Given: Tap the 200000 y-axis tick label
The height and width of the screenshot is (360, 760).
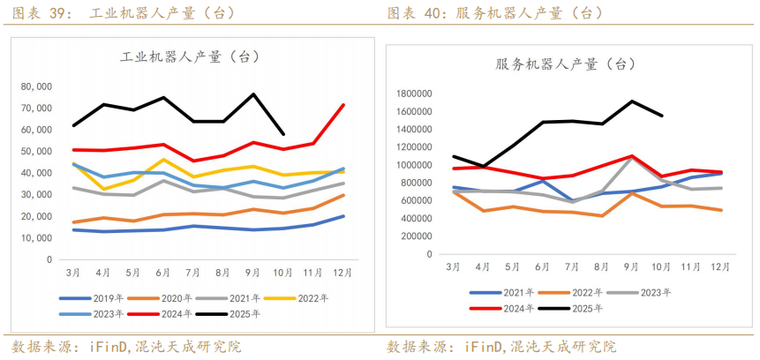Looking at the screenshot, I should [420, 236].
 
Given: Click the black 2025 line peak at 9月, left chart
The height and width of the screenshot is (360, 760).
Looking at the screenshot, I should [254, 94].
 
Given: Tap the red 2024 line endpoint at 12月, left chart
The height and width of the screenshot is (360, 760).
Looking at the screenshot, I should [343, 105].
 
